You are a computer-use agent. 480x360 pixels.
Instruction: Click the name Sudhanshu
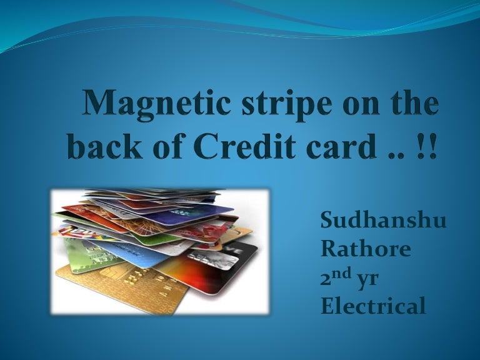tap(382, 221)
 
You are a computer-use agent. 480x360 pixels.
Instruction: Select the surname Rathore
tap(366, 249)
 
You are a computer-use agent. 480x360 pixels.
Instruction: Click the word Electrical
tap(373, 307)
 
